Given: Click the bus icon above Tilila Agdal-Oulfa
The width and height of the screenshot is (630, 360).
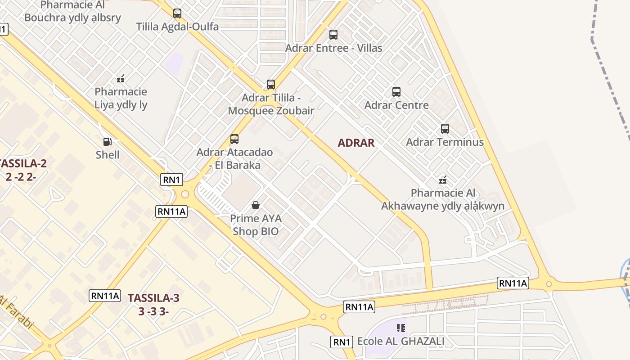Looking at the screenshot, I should click(x=177, y=13).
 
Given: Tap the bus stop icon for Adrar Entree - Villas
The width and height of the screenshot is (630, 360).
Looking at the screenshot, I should click(x=333, y=35).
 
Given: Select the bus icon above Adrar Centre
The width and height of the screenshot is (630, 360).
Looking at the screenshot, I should click(x=396, y=92).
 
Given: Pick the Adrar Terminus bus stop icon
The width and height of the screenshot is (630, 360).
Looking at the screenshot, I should click(x=445, y=129).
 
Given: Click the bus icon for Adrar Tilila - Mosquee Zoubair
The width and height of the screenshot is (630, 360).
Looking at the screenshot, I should click(x=271, y=85).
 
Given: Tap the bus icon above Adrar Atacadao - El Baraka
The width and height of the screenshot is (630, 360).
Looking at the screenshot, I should click(x=234, y=139).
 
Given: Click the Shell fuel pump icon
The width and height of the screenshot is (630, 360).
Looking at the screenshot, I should click(x=108, y=142).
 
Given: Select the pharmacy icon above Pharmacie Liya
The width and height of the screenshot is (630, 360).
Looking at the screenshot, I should click(x=121, y=79).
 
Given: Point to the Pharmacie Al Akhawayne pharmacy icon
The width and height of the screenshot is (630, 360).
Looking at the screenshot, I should click(x=443, y=180).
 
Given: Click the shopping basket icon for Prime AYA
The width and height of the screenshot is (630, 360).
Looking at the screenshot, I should click(x=256, y=205).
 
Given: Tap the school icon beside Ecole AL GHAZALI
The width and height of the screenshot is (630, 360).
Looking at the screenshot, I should click(x=400, y=328).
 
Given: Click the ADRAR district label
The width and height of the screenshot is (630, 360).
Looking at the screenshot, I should click(x=356, y=143).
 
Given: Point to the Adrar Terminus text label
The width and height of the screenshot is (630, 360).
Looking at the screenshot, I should click(x=445, y=142).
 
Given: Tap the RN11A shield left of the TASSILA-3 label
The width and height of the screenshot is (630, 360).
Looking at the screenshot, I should click(x=105, y=296).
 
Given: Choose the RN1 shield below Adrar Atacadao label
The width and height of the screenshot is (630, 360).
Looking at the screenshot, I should click(x=172, y=180).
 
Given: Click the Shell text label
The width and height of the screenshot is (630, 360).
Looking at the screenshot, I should click(x=108, y=155).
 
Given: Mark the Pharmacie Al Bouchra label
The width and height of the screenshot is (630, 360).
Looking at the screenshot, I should click(x=73, y=12).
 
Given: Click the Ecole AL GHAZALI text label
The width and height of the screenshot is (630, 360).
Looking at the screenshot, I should click(x=400, y=341).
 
